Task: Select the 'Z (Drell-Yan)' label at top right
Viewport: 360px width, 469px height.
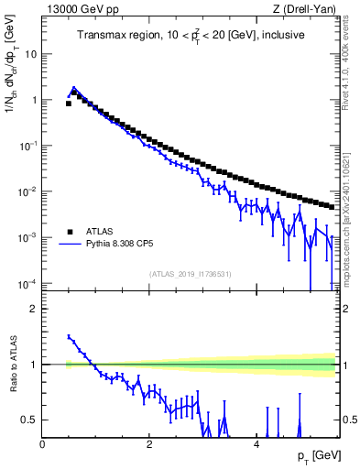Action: tap(304, 9)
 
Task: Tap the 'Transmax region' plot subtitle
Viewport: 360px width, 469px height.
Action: tap(191, 36)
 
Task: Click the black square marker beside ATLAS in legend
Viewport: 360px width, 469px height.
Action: tap(71, 232)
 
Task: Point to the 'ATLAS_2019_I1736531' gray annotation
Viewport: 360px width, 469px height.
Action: tap(189, 274)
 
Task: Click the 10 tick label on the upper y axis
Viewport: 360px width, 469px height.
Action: tap(30, 54)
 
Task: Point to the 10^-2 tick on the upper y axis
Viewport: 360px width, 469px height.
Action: tap(28, 191)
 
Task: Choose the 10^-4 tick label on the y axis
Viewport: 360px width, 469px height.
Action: tap(28, 283)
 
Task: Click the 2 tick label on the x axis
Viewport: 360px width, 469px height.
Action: tap(148, 444)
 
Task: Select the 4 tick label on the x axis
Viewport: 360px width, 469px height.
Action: tap(256, 444)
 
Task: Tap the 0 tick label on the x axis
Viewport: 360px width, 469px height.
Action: tap(42, 444)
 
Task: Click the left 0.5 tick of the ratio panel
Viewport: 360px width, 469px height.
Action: tap(30, 420)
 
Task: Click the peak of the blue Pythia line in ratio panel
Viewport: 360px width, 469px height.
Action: tap(69, 336)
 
